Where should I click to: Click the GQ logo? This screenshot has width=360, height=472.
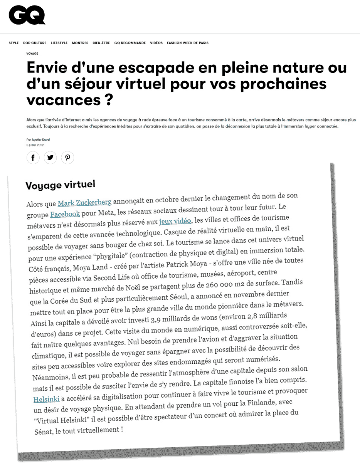click(x=27, y=16)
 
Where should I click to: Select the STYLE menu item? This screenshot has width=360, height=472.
click(x=13, y=43)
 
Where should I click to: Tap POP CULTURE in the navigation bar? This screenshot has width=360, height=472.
click(x=35, y=43)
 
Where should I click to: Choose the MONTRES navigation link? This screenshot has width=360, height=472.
click(x=80, y=43)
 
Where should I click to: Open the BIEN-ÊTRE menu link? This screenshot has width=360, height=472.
click(x=101, y=43)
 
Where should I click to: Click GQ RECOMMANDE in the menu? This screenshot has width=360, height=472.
click(x=130, y=43)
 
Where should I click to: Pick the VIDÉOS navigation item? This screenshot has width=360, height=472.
click(x=156, y=43)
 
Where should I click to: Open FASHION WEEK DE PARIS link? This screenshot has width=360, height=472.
click(x=188, y=43)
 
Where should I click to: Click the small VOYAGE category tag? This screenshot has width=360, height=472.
click(x=32, y=54)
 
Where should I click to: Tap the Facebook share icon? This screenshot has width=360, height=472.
click(x=33, y=158)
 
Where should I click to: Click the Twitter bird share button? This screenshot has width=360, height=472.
click(x=50, y=158)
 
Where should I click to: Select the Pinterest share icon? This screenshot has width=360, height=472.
click(x=67, y=158)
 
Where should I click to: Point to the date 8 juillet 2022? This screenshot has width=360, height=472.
click(x=35, y=145)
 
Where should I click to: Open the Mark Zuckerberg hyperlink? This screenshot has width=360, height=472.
click(x=84, y=202)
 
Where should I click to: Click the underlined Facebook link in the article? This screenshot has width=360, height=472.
click(x=65, y=214)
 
